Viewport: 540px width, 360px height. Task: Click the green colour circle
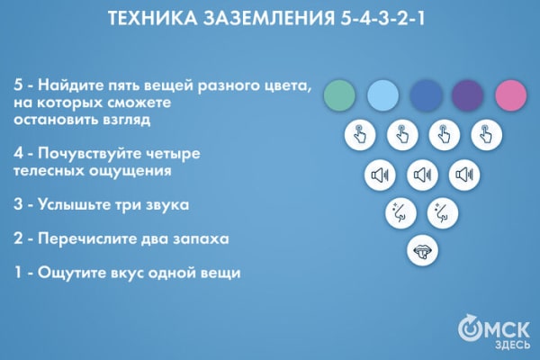point(339,94)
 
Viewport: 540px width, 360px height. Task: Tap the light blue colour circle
point(382,94)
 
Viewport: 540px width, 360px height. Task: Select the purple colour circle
point(467,94)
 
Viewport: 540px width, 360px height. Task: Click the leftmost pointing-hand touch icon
point(360,135)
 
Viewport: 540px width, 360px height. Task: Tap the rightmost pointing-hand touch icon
point(486,135)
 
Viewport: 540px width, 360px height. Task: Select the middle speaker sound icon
point(423,174)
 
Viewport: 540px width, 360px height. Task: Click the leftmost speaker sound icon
point(380,174)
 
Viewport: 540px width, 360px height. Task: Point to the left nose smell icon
point(400,212)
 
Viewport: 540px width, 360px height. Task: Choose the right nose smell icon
point(443,212)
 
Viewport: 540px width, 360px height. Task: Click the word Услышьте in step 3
point(75,204)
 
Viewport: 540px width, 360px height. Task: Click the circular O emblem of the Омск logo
point(470,328)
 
